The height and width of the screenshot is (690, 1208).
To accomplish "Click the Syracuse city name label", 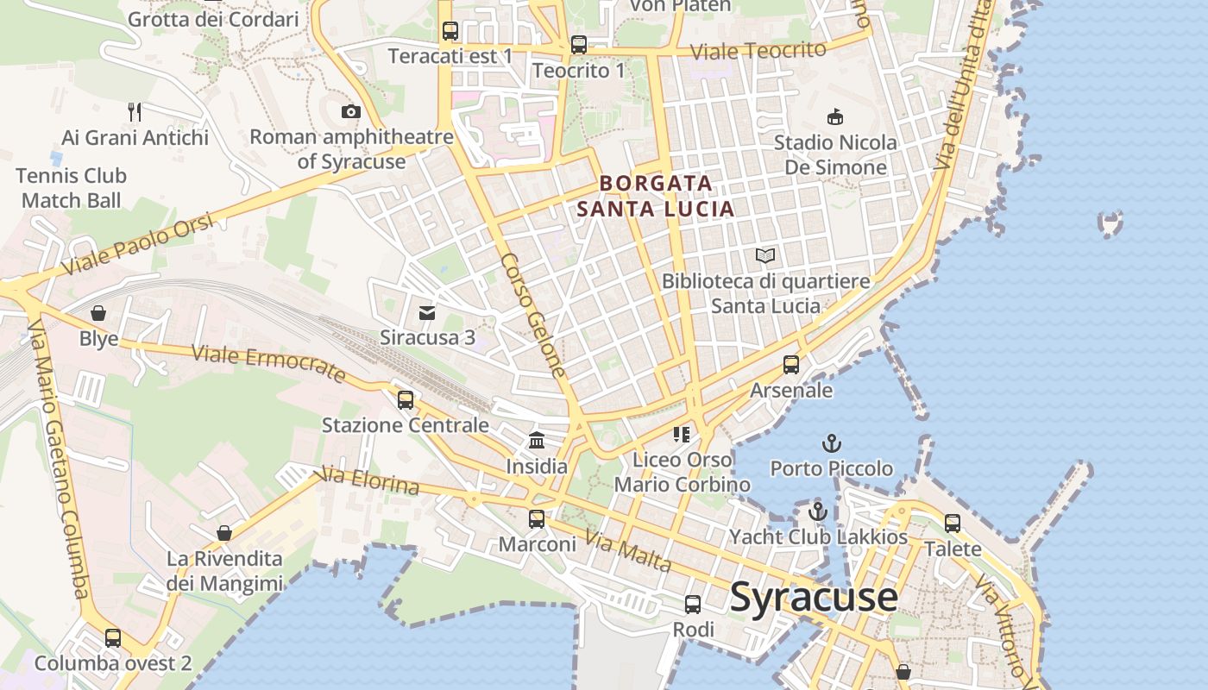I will [814, 598].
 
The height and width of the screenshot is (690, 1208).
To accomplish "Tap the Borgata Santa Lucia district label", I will [656, 196].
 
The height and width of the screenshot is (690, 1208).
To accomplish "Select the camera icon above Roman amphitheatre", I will [350, 111].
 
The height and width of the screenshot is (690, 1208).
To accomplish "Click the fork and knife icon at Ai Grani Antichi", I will [135, 111].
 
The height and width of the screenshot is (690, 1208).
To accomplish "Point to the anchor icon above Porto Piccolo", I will [831, 443].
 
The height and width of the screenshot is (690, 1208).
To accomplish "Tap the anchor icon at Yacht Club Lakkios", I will [818, 511].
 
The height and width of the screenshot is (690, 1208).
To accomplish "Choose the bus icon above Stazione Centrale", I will [405, 400].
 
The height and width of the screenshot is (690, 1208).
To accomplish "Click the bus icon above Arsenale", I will [791, 365].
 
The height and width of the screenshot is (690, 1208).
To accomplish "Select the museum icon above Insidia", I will [537, 441].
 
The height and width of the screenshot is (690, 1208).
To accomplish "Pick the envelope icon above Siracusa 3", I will [427, 312].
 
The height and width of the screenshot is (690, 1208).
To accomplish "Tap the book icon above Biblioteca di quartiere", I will [765, 255].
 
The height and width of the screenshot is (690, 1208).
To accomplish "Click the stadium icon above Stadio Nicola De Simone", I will [834, 116].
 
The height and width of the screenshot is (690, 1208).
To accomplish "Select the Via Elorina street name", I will [369, 480].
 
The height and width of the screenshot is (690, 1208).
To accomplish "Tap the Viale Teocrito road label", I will [759, 51].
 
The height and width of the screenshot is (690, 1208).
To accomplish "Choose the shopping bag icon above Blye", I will [98, 313].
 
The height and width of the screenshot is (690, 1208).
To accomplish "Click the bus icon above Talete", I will [953, 524].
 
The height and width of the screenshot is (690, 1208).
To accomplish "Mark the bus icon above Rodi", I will [693, 605].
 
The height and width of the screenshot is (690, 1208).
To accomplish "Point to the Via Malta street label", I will [628, 552].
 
